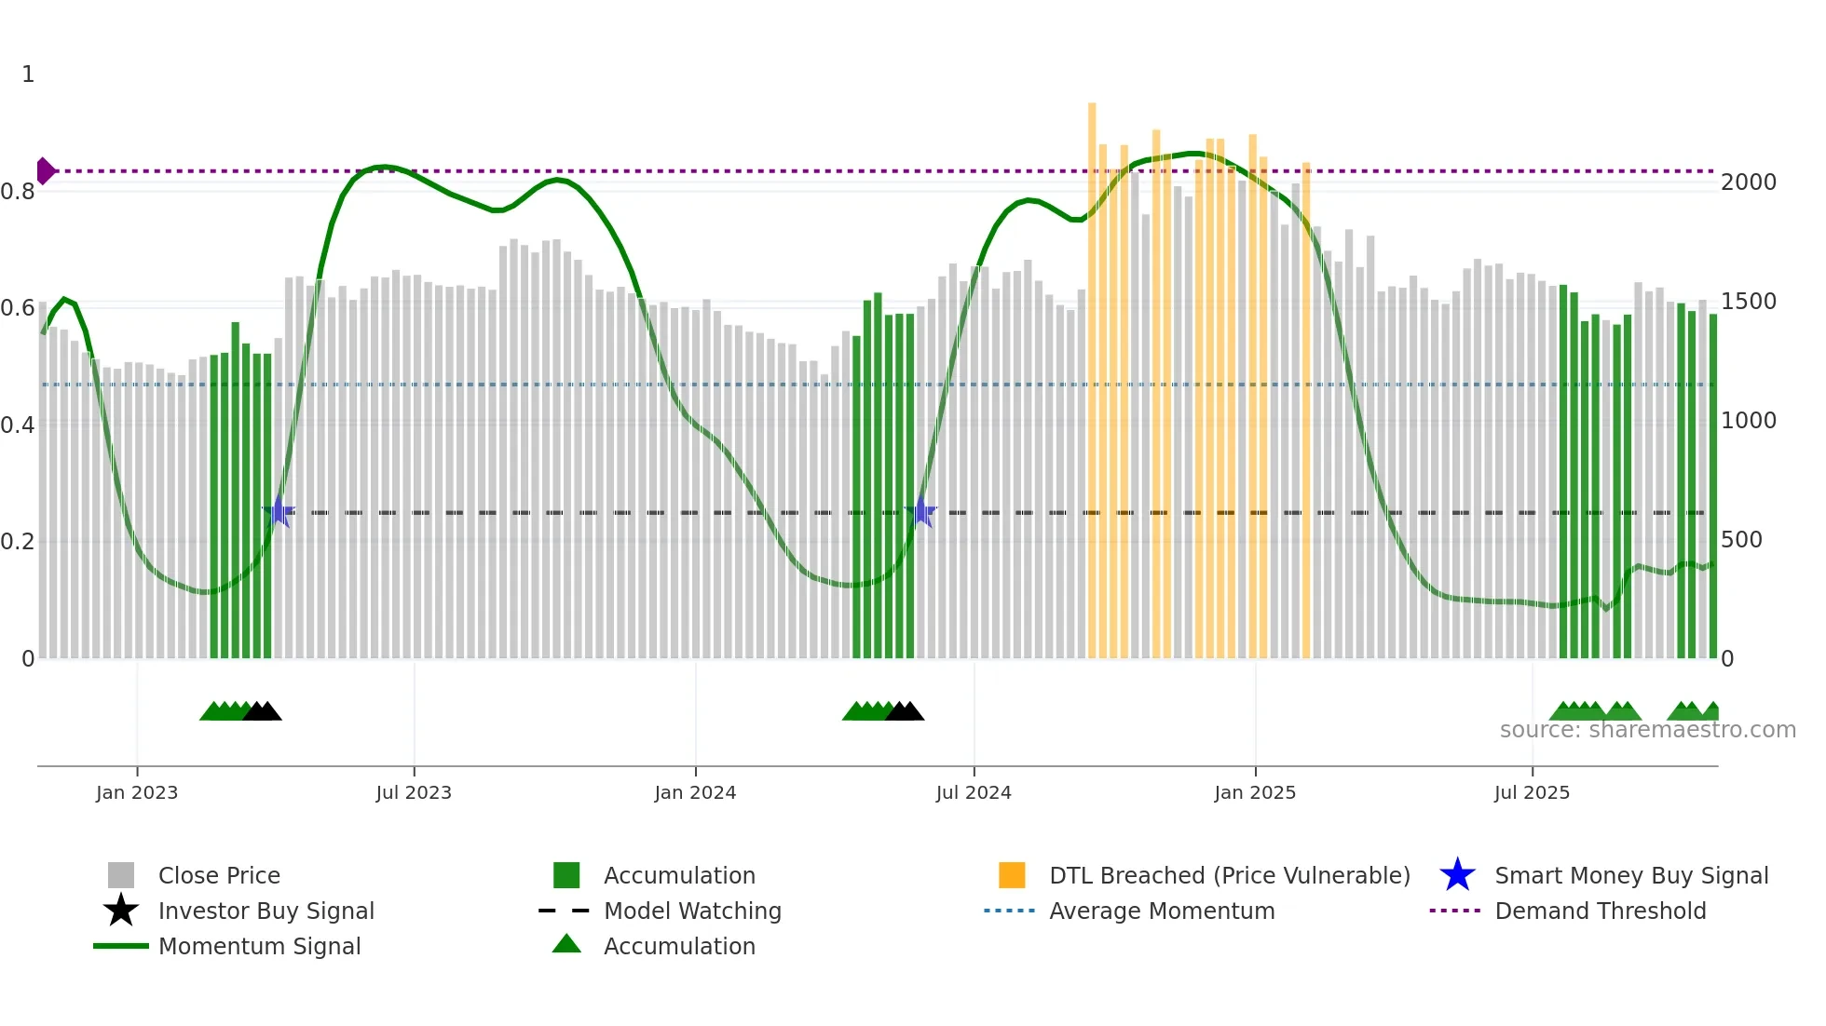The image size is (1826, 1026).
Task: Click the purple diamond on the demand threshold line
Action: click(45, 171)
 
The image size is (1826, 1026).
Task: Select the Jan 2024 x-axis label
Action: click(695, 792)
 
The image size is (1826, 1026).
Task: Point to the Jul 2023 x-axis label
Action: click(414, 792)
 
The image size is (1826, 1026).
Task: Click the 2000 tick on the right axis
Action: click(1749, 182)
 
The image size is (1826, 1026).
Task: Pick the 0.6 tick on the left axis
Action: click(18, 308)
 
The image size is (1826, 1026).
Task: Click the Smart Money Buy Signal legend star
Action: click(1457, 875)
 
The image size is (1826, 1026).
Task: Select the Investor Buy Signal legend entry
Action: click(266, 911)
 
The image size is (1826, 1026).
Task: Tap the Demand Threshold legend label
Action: click(1600, 911)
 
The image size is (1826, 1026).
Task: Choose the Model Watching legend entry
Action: click(691, 911)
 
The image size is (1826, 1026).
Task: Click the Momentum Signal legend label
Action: click(259, 946)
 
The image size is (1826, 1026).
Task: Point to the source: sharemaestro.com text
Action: click(1647, 730)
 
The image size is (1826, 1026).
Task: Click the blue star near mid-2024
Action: click(920, 512)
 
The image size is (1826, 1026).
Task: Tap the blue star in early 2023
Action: click(278, 512)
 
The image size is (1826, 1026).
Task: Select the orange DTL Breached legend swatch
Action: click(1012, 875)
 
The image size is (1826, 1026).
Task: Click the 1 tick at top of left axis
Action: click(28, 74)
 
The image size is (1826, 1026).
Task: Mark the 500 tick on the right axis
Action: click(1741, 540)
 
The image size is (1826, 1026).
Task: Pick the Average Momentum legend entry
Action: click(1161, 911)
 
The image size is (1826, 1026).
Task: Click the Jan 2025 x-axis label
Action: click(1255, 792)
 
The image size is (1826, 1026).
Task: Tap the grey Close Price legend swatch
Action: click(121, 875)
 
